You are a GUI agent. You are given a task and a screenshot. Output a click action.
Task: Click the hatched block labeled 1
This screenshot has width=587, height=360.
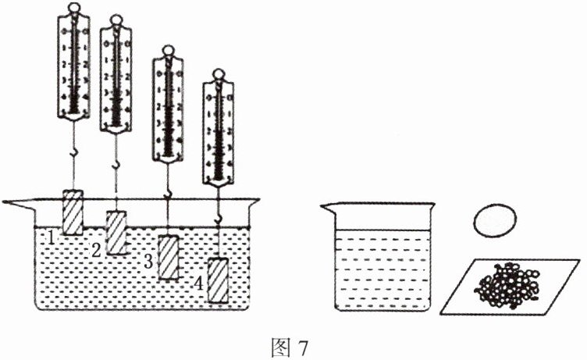(x=73, y=209)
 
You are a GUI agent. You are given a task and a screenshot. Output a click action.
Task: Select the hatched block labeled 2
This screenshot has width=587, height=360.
(x=117, y=231)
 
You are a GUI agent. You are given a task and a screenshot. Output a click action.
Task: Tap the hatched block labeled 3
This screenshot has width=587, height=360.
(x=169, y=255)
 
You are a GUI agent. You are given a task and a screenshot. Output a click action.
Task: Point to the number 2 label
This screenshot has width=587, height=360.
(x=96, y=251)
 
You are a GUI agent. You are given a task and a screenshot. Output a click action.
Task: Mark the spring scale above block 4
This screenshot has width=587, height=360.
(x=218, y=129)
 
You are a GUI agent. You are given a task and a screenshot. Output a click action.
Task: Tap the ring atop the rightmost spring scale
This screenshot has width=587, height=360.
(x=218, y=77)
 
